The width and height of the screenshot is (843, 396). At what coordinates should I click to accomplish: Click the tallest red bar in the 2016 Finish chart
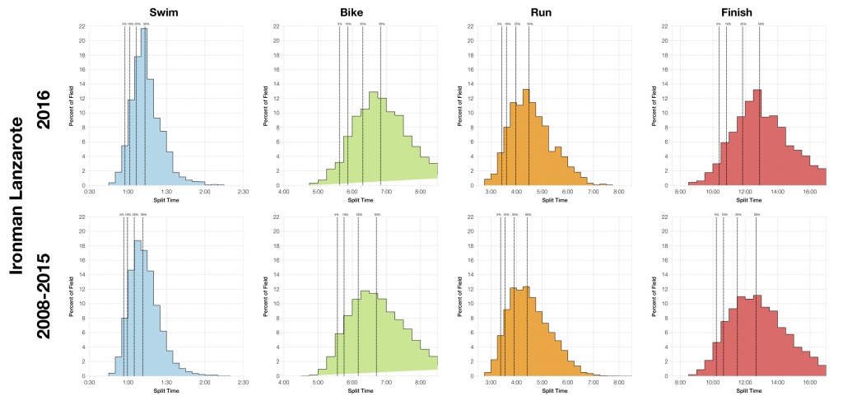tap(757, 137)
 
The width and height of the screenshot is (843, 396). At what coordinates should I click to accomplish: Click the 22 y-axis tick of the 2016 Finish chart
tap(665, 26)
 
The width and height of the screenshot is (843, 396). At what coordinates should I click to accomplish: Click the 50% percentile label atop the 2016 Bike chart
tap(381, 24)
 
